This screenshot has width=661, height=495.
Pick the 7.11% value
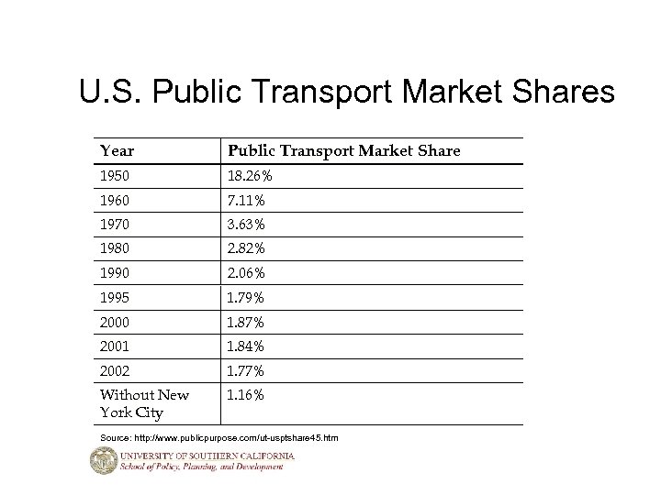(x=245, y=200)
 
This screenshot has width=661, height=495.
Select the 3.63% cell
(x=245, y=225)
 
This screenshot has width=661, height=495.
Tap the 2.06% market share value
(x=245, y=273)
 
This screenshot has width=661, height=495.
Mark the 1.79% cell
(x=245, y=298)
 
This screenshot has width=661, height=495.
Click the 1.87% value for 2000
(x=245, y=323)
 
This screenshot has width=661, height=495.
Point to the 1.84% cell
(x=245, y=346)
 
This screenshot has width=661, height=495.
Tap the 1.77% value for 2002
(x=245, y=371)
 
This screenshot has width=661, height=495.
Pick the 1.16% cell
(x=245, y=395)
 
